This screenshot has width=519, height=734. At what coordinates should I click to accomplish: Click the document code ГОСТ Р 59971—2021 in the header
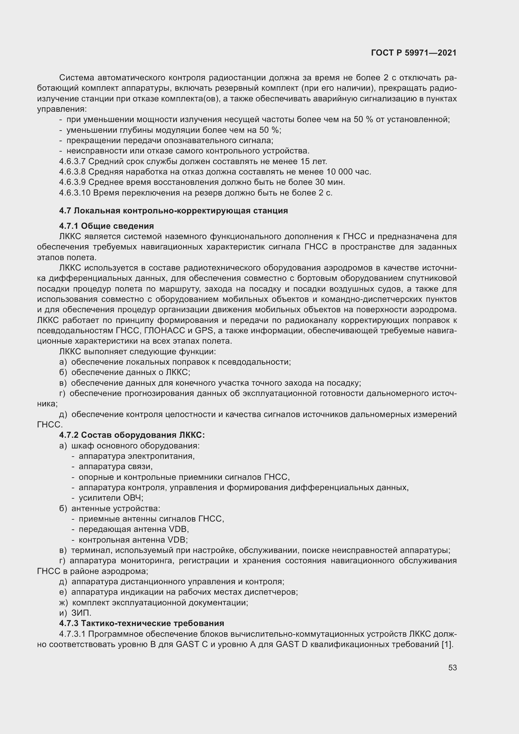[x=414, y=53]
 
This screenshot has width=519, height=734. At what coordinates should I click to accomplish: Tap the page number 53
[x=452, y=667]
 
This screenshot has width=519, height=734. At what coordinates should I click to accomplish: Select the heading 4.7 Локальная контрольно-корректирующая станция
[x=174, y=211]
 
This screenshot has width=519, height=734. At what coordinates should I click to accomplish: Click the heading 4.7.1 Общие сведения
[x=106, y=226]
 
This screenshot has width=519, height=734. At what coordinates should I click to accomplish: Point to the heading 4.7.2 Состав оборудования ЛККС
[x=132, y=435]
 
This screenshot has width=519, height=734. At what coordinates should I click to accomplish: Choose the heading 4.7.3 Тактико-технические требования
[x=142, y=624]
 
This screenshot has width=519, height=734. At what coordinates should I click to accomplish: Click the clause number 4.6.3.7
[x=72, y=161]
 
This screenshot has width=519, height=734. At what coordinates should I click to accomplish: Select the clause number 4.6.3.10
[x=74, y=193]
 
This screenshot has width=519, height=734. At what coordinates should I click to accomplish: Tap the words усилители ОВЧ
[x=111, y=498]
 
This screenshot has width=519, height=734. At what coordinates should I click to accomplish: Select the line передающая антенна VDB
[x=134, y=529]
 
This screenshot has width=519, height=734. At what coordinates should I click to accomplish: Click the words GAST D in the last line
[x=291, y=644]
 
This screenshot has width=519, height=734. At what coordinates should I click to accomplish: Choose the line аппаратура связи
[x=115, y=466]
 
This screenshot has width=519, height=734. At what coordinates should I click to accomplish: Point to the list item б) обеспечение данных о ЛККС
[x=125, y=372]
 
